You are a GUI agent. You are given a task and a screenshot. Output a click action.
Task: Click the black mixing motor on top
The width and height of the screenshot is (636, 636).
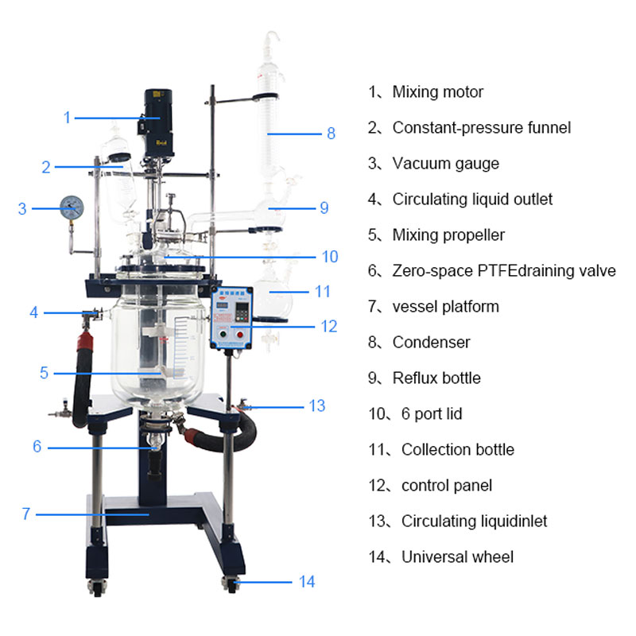click(158, 123)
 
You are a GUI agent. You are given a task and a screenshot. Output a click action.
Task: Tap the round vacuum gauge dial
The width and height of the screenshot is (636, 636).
click(72, 207)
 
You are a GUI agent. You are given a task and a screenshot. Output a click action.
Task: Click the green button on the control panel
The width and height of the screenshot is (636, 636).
click(223, 335)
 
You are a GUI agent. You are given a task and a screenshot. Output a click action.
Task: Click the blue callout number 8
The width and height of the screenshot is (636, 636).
click(331, 134)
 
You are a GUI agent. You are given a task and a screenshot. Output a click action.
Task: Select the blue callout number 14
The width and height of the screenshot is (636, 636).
click(307, 582)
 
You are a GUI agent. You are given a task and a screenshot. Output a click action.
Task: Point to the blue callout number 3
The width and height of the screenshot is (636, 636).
click(22, 209)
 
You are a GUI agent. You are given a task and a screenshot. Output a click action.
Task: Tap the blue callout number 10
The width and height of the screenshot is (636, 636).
click(330, 257)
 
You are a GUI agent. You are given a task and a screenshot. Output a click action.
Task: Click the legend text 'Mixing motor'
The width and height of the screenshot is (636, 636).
click(438, 92)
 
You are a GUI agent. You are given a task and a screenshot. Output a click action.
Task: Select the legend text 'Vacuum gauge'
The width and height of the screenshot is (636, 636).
click(446, 164)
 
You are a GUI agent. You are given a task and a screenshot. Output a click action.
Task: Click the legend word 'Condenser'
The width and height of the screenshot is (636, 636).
click(431, 343)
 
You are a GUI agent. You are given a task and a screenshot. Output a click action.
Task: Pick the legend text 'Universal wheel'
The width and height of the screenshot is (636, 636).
click(457, 557)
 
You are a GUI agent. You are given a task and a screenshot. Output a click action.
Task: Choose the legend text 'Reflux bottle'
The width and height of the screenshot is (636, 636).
click(436, 378)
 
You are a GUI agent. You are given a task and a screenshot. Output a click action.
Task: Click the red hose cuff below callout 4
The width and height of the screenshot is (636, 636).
click(85, 341)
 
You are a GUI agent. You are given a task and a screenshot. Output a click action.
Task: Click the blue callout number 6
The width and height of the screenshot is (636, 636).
click(37, 447)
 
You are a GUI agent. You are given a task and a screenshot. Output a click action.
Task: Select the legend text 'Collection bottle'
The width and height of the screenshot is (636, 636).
click(458, 450)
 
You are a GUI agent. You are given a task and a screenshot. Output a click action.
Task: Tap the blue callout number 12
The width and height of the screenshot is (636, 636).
click(328, 327)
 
